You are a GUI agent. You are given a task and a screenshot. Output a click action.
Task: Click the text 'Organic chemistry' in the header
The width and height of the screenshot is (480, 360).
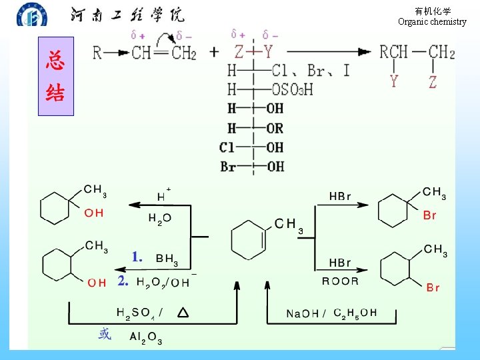(x=432, y=21)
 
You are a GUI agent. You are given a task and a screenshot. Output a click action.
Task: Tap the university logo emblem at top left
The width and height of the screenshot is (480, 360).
(x=32, y=15)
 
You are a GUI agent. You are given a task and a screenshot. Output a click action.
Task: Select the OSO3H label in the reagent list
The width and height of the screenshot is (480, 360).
(x=292, y=89)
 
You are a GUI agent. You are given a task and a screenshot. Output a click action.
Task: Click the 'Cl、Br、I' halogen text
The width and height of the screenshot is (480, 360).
(x=311, y=70)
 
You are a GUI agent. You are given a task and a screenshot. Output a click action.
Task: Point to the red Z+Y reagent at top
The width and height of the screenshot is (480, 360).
(x=253, y=51)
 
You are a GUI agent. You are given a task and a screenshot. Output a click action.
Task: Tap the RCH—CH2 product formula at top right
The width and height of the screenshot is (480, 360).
(x=417, y=52)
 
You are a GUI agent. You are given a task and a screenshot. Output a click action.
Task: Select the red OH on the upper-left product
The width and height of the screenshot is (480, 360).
(x=93, y=213)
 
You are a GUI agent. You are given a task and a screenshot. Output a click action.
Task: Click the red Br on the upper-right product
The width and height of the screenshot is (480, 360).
(x=430, y=215)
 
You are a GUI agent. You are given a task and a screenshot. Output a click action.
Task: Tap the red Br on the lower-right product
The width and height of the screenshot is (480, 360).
(x=433, y=287)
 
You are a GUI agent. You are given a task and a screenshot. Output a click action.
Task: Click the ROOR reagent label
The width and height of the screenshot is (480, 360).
(x=340, y=281)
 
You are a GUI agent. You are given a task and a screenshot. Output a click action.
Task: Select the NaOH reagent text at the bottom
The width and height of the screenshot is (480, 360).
(x=301, y=313)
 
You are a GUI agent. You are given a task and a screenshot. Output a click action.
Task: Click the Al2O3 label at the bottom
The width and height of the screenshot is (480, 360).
(x=146, y=338)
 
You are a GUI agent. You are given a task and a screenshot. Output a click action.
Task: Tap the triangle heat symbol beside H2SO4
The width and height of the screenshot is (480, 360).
(x=183, y=312)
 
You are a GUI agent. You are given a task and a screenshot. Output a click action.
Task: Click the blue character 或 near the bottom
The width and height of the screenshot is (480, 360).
(x=105, y=334)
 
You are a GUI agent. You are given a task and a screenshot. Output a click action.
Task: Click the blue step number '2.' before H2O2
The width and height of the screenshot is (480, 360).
(x=123, y=281)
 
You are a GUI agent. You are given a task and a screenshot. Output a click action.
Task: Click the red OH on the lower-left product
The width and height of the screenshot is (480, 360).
(x=97, y=283)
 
